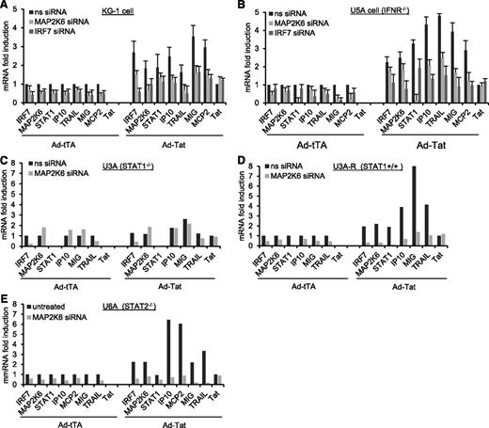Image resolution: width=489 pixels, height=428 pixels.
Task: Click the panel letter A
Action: point(7,7)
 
